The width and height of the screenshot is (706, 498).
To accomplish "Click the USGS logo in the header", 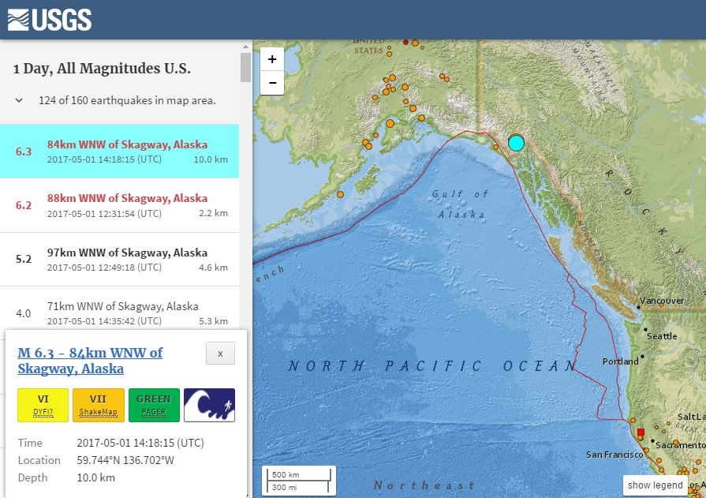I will click(50, 19).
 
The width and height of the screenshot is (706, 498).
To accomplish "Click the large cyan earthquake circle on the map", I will click(516, 143).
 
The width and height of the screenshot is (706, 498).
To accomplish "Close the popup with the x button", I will click(220, 354).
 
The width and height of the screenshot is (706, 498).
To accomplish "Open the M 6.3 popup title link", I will click(90, 361).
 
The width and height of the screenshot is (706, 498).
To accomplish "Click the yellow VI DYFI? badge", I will click(43, 405).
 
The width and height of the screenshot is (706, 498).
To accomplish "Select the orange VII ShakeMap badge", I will click(98, 405).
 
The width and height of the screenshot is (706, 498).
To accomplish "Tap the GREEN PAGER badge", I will click(154, 405).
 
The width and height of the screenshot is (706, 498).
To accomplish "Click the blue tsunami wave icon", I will click(209, 405).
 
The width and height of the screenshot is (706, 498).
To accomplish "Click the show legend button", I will click(655, 485).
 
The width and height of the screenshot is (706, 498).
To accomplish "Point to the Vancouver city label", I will click(661, 301).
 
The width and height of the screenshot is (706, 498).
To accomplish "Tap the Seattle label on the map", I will click(661, 336).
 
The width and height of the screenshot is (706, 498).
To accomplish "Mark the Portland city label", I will click(620, 361).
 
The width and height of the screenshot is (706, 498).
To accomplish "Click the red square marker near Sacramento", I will click(641, 432).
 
